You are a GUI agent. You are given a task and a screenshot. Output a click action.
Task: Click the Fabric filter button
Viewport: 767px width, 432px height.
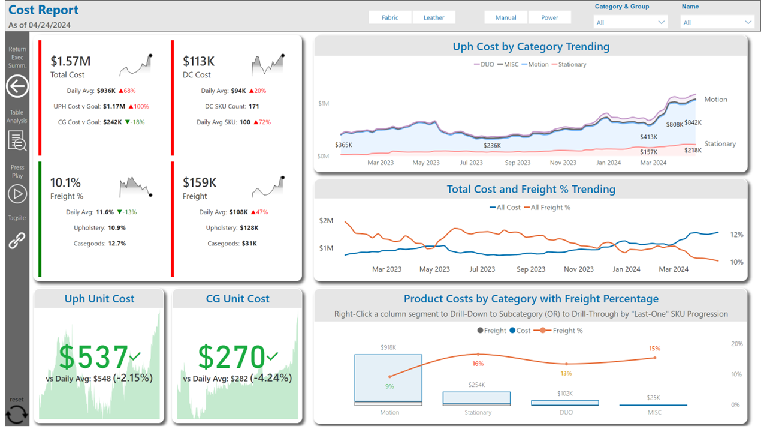389,18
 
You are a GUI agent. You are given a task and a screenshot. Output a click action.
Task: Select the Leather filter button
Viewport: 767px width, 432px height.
434,18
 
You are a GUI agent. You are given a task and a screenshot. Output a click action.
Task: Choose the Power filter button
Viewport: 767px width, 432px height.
549,18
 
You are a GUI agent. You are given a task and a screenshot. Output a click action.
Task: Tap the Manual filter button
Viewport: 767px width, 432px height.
506,18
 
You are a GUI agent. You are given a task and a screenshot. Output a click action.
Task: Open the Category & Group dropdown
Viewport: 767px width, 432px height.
630,22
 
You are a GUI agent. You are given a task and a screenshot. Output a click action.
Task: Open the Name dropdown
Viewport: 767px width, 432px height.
717,22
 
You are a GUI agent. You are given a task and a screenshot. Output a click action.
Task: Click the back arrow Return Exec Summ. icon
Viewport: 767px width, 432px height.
17,87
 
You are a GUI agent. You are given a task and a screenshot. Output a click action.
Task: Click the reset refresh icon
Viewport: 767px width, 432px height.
17,415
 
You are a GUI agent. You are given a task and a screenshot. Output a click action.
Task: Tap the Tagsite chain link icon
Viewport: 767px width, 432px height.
17,240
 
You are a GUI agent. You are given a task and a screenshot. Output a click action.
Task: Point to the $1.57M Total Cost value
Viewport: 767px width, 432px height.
71,61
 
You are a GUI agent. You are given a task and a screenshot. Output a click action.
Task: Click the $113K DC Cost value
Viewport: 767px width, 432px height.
198,61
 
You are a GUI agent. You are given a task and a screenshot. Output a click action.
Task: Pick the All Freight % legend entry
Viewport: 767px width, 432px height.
547,207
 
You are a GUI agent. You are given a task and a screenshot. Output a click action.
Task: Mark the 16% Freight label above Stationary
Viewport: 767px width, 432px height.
478,364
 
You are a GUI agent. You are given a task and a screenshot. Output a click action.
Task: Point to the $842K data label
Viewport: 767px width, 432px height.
693,122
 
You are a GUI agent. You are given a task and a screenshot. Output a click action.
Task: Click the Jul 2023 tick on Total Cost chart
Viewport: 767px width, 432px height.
483,269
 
